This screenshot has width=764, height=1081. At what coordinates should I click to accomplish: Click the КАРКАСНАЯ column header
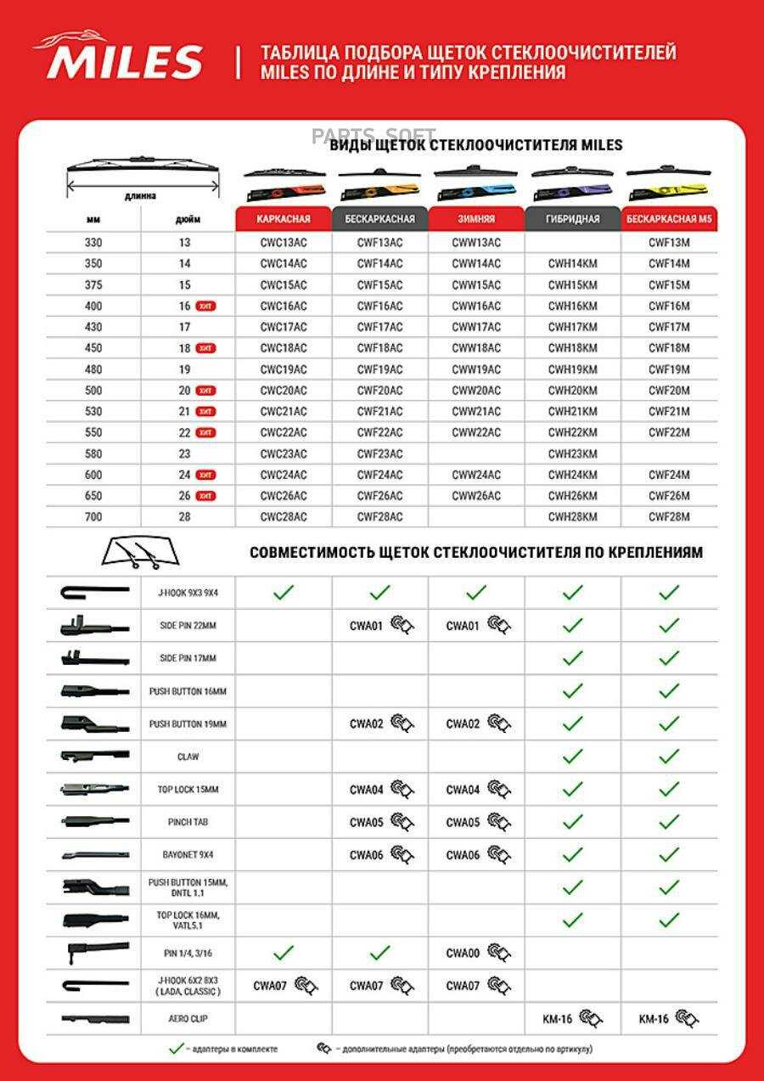click(283, 218)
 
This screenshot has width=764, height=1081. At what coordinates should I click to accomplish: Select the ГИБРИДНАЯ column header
click(572, 218)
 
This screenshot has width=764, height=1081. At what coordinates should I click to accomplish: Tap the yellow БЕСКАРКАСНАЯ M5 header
click(669, 218)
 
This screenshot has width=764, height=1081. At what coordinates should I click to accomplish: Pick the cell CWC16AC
click(283, 306)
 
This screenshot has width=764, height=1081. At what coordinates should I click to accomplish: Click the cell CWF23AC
click(379, 453)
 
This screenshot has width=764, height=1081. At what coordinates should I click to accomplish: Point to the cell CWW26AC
click(476, 496)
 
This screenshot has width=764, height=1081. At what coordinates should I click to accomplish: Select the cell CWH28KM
click(572, 516)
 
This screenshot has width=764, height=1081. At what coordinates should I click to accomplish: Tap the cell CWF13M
click(669, 242)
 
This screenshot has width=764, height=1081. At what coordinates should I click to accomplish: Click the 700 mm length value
click(93, 516)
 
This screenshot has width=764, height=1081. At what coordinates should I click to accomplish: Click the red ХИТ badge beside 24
click(205, 475)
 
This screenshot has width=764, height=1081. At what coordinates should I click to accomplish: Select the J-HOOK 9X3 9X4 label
click(188, 593)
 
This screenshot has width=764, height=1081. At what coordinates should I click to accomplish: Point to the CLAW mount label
click(188, 756)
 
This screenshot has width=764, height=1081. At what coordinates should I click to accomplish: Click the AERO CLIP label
click(188, 1017)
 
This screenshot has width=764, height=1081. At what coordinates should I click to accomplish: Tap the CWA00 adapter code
click(463, 953)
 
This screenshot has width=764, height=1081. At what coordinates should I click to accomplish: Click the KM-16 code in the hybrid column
click(558, 1018)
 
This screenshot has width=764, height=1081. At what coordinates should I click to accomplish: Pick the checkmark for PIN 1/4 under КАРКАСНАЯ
click(283, 952)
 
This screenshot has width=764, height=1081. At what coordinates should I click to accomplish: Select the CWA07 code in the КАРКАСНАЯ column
click(270, 986)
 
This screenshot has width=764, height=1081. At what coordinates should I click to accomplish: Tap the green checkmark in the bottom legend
click(176, 1049)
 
